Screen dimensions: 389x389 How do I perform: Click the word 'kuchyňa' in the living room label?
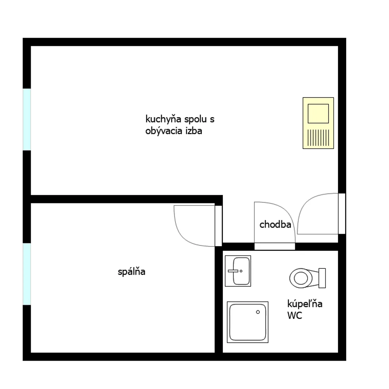point(163,119)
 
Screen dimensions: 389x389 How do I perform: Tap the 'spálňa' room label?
point(131,272)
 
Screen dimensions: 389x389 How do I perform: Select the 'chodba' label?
point(275,224)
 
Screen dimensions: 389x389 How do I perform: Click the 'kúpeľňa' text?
point(305,304)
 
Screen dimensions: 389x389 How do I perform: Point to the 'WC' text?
point(295,315)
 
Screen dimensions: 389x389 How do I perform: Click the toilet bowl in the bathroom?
point(301,278)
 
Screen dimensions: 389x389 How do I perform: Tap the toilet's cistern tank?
point(322,278)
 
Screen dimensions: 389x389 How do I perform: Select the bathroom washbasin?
point(238,271)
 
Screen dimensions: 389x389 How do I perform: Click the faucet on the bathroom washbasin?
point(233,271)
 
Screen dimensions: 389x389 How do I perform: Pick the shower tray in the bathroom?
point(247,322)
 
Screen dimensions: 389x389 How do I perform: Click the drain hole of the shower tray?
point(258,312)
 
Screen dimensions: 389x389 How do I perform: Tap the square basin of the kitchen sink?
point(318,114)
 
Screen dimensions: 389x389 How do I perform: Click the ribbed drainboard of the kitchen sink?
point(318,138)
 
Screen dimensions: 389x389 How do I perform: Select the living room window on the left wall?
point(27,119)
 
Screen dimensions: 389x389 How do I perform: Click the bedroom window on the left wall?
point(27,274)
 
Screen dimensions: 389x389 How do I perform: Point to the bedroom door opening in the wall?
point(219,226)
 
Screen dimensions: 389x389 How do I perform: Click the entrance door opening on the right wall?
point(342,214)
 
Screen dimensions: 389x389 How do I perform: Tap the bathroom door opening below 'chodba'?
point(275,246)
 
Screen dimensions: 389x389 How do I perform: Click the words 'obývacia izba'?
point(173,131)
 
